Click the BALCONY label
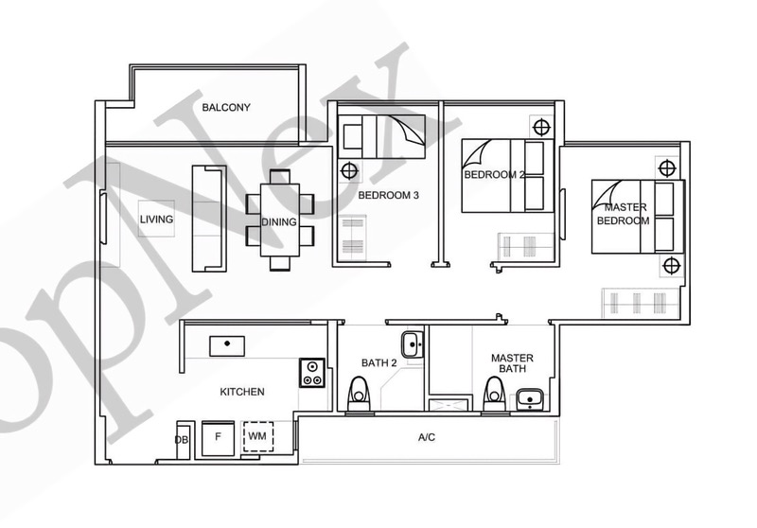click(x=226, y=107)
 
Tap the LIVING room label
click(x=156, y=220)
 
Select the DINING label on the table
click(x=279, y=222)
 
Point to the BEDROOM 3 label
click(x=388, y=196)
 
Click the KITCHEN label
click(x=242, y=392)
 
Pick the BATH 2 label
click(x=379, y=363)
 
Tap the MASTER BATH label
click(x=512, y=363)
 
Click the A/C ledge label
click(x=427, y=437)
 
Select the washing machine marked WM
click(x=257, y=437)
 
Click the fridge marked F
click(x=218, y=438)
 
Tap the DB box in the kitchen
click(x=182, y=440)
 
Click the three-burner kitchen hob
click(x=312, y=373)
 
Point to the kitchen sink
click(x=227, y=346)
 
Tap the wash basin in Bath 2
click(x=413, y=344)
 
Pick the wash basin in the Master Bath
click(x=530, y=399)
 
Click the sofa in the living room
click(x=209, y=219)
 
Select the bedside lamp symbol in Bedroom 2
click(x=541, y=128)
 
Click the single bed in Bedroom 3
click(x=381, y=136)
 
